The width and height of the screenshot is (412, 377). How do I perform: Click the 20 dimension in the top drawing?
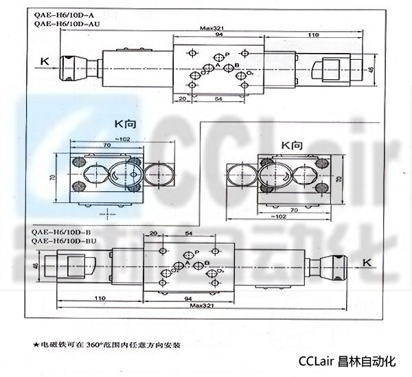point(181,99)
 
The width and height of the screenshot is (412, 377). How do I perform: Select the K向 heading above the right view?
point(292,145)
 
